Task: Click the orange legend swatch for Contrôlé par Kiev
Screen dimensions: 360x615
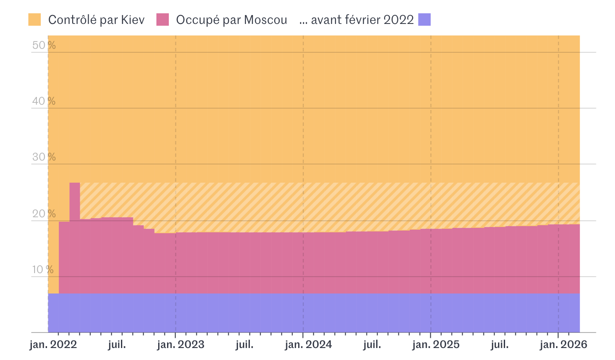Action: tap(35, 20)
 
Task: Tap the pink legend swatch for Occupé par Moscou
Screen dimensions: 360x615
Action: tap(163, 20)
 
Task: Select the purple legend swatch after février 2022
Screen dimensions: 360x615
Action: tap(424, 20)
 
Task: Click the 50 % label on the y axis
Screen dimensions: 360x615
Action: tap(43, 45)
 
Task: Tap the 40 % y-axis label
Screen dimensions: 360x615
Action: tap(43, 101)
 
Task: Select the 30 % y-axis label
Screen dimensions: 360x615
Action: tap(43, 157)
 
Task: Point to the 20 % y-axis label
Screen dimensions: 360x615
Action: tap(43, 214)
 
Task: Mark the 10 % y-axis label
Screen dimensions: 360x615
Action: tap(43, 270)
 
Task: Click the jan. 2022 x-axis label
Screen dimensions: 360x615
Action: tap(53, 345)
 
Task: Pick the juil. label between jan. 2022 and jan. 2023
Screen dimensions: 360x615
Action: tap(117, 345)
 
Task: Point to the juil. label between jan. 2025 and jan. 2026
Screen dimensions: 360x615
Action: tap(500, 345)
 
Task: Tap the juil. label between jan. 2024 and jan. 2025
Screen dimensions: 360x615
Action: tap(372, 345)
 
